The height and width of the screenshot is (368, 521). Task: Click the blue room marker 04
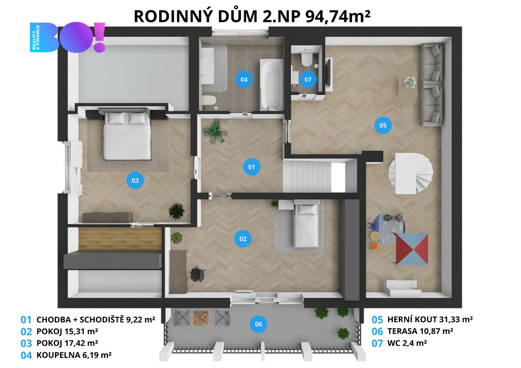244,79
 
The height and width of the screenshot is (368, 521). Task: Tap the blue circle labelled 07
308,79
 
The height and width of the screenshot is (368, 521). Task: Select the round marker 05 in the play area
383,125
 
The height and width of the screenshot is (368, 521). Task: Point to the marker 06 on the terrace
258,324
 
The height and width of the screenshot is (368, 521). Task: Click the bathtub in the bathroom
272,85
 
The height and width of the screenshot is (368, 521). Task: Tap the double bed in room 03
127,135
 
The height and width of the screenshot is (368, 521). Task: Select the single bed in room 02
306,225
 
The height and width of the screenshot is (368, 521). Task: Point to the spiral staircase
411,173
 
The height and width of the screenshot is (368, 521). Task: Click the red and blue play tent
411,249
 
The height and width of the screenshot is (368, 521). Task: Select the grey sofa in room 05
432,85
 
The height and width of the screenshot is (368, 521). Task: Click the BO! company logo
68,37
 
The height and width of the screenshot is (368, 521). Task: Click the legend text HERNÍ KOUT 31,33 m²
430,320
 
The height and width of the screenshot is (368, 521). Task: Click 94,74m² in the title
338,16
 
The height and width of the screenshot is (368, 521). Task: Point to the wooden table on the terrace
200,318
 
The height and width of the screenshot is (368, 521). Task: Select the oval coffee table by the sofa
408,84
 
